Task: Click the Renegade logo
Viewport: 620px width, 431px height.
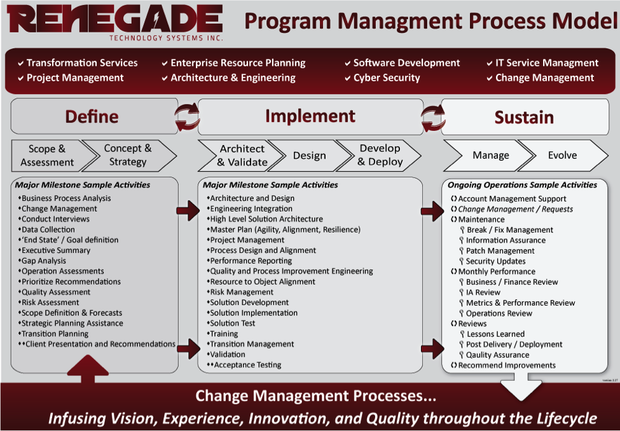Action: [x=114, y=22]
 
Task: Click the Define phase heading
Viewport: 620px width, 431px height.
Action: [x=92, y=116]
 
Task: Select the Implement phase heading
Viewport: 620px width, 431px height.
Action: [x=310, y=116]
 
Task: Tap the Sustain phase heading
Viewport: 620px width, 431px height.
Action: [x=525, y=117]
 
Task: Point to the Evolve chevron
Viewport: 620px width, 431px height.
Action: [x=562, y=155]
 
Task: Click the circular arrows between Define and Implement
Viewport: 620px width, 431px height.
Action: [x=188, y=117]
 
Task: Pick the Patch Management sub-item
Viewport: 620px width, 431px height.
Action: [x=497, y=250]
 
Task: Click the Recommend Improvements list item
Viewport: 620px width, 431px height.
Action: [x=504, y=366]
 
